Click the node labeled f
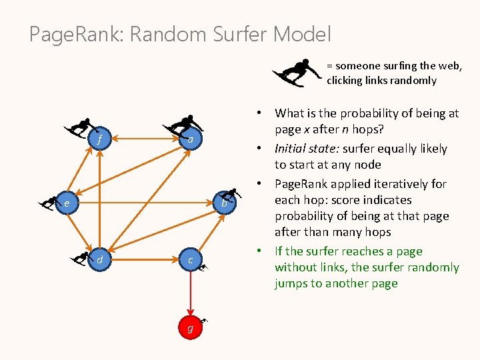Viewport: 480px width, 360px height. [x=100, y=140]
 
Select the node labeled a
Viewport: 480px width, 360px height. [x=191, y=140]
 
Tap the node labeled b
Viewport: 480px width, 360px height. [x=225, y=203]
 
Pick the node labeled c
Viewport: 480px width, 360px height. [x=191, y=259]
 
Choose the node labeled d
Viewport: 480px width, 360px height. [x=100, y=259]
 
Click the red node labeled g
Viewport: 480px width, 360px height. [x=191, y=327]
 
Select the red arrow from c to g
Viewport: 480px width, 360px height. [x=191, y=293]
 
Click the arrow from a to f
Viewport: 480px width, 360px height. [x=145, y=140]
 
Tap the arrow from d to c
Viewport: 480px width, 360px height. [x=145, y=259]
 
